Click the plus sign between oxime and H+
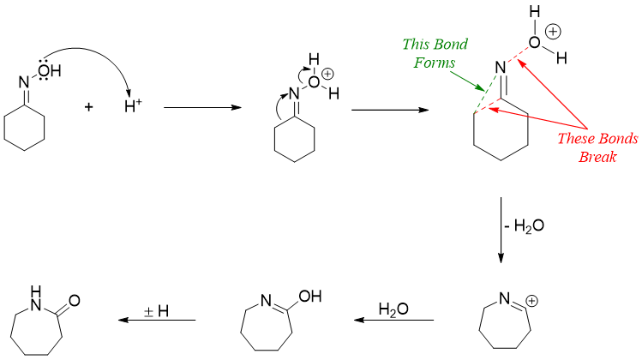coord(90,108)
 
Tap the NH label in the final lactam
coord(35,295)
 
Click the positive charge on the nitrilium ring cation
coord(531,302)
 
